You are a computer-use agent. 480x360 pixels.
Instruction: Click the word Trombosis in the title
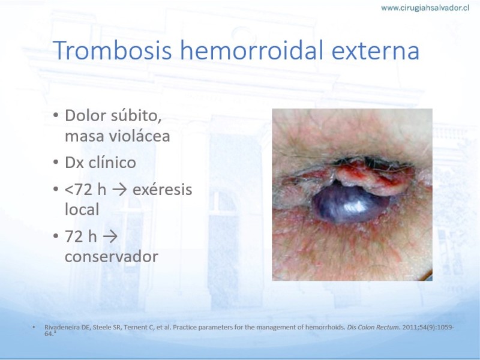112,50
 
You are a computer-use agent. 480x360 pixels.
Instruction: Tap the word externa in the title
376,51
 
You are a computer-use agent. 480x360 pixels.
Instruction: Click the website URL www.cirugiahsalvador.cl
425,8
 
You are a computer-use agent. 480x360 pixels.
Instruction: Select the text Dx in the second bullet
74,163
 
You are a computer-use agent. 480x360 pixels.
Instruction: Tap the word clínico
112,162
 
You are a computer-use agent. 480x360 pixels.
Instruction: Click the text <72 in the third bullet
79,190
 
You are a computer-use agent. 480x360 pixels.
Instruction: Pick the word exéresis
162,190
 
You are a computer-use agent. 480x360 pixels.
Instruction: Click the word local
82,209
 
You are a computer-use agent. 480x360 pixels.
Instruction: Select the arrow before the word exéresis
119,190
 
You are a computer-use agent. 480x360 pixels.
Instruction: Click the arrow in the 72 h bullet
110,237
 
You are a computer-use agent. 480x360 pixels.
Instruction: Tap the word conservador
112,257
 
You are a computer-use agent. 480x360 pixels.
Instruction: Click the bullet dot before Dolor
56,116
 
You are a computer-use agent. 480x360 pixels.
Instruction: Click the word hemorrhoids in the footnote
326,327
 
